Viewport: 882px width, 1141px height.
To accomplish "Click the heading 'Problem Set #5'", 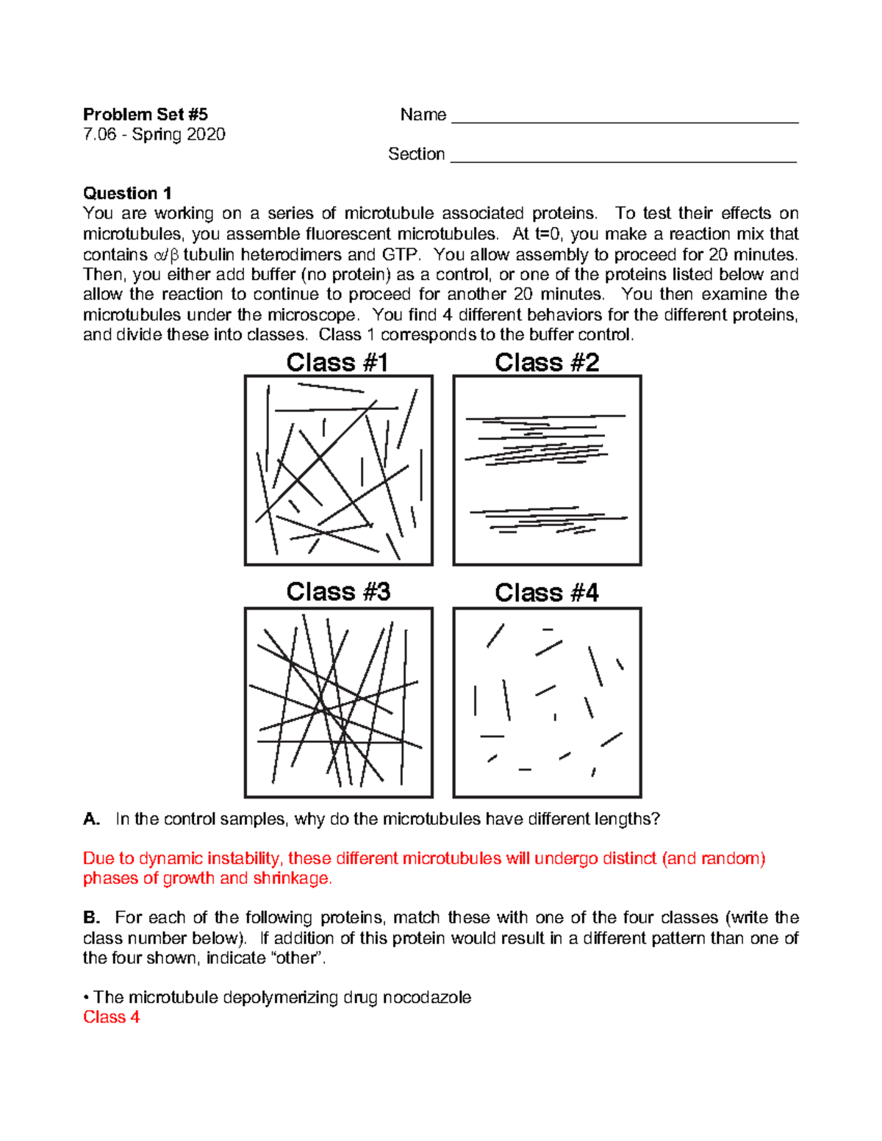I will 145,115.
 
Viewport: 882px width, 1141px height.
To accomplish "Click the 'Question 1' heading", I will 127,193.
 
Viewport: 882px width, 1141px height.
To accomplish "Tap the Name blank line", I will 625,120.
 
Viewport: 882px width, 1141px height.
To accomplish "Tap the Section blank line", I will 623,159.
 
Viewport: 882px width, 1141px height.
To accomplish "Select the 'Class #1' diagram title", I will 337,362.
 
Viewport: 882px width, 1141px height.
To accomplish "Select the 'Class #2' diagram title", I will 547,362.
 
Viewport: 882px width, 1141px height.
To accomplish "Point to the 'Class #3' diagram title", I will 338,592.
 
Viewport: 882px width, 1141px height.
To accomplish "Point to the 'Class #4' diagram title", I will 547,593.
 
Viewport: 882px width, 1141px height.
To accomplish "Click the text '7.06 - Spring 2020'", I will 154,134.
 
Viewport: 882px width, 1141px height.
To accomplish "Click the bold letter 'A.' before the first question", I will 91,819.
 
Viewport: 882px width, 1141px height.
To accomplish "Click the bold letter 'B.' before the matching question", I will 91,918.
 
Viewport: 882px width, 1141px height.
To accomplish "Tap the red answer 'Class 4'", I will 111,1018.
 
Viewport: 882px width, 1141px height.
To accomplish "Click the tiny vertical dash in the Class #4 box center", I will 555,716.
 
